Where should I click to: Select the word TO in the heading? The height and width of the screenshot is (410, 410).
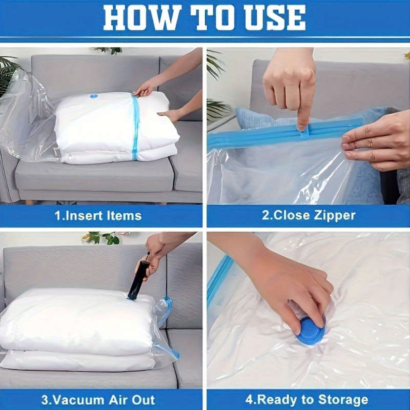click(x=203, y=18)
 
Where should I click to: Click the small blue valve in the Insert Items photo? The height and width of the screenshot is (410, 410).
click(x=94, y=96)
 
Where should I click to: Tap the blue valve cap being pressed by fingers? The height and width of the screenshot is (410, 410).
click(x=312, y=331)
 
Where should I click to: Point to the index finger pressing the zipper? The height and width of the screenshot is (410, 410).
click(x=305, y=110)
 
